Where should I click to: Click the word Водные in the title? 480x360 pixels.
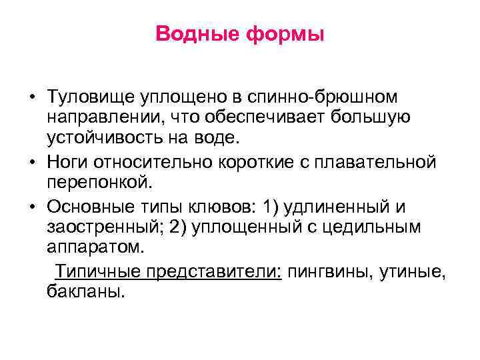pos(197,33)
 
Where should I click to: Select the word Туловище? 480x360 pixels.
pos(89,98)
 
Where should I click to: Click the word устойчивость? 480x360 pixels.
pos(110,137)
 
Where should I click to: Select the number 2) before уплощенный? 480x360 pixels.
pos(179,227)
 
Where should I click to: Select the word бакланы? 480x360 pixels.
pos(85,291)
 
